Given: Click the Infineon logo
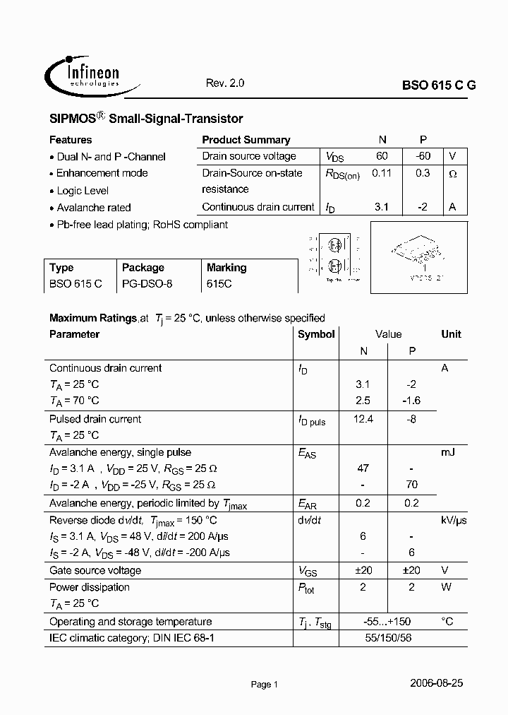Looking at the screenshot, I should pyautogui.click(x=82, y=74).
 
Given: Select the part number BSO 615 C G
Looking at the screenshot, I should pyautogui.click(x=439, y=84).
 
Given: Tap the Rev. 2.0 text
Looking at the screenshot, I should pyautogui.click(x=225, y=83).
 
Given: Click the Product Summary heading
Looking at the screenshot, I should pyautogui.click(x=246, y=140).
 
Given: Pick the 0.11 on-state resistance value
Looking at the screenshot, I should pyautogui.click(x=382, y=173).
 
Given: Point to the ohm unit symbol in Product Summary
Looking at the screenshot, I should pyautogui.click(x=453, y=174).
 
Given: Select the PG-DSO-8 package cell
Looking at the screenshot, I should pyautogui.click(x=147, y=284).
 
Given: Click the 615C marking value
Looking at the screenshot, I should pyautogui.click(x=219, y=284).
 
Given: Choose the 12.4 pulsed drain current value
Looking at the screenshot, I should pyautogui.click(x=363, y=419).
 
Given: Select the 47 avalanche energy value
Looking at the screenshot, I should pyautogui.click(x=363, y=468).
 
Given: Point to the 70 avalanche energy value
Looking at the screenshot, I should pyautogui.click(x=412, y=485).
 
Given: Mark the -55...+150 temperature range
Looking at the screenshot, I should pyautogui.click(x=387, y=622).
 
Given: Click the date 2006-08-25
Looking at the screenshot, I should pyautogui.click(x=436, y=683).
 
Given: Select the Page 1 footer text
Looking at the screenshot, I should pyautogui.click(x=265, y=684).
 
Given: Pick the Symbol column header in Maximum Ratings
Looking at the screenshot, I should pyautogui.click(x=316, y=334).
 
